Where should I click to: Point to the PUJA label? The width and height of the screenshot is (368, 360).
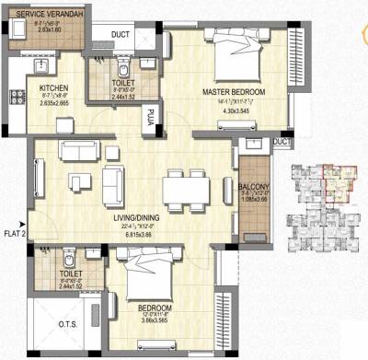coord(147,117)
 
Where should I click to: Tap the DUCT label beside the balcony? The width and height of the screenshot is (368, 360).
coord(282,142)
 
